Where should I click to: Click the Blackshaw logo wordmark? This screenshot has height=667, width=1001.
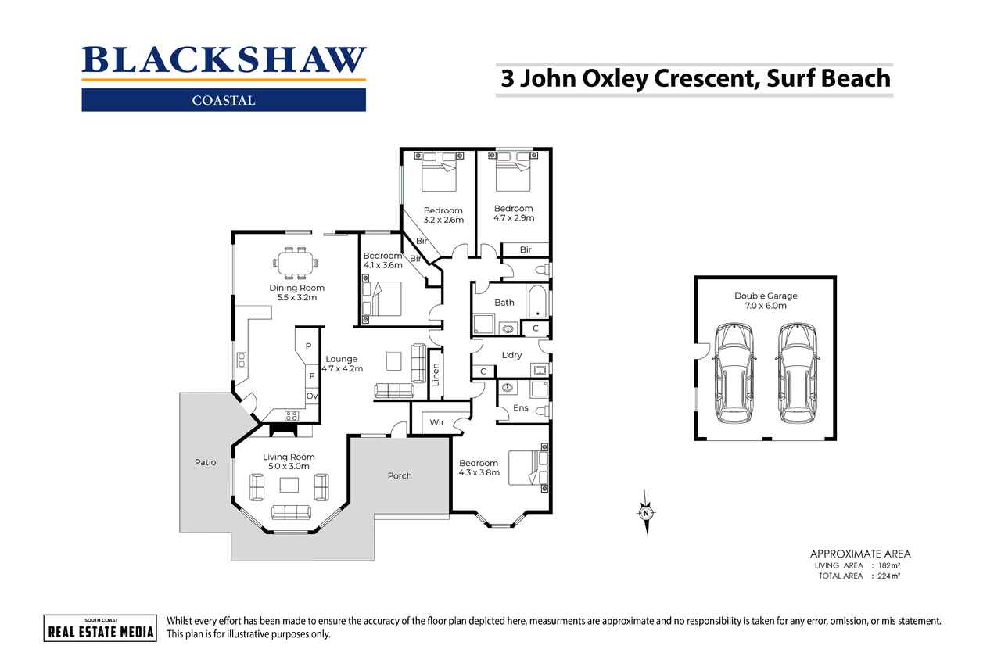pos(224,61)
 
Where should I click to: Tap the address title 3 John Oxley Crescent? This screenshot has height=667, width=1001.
pos(694,78)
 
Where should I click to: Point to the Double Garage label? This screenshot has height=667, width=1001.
pos(765,300)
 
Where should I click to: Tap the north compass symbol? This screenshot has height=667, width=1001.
pos(646,513)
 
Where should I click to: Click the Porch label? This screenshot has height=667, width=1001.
pos(400,475)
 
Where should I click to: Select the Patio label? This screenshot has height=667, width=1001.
pos(205,462)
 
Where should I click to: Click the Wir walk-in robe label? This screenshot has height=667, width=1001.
pos(437,422)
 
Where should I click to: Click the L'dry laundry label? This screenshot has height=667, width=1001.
pos(511,355)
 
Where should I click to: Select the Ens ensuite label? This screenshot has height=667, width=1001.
pos(520,407)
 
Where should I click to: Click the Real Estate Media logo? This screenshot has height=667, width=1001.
pos(99,628)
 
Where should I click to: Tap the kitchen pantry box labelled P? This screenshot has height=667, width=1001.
pos(308,346)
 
